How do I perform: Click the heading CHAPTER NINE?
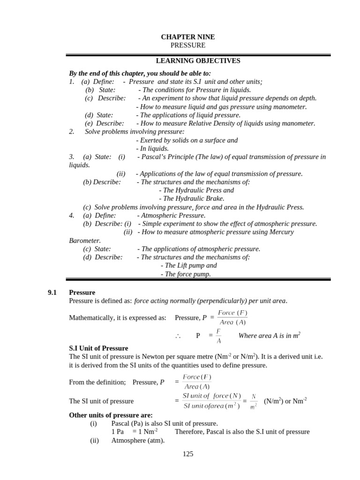[188, 37]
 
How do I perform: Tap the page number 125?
[188, 454]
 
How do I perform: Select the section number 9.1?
[52, 292]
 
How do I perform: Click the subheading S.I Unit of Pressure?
[98, 348]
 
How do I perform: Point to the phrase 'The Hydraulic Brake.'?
[188, 198]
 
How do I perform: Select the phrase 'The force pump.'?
[186, 274]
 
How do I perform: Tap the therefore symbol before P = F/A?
[178, 336]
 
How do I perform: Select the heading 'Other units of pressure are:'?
[111, 415]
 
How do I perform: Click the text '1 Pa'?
[118, 432]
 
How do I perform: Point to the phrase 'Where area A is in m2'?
[269, 335]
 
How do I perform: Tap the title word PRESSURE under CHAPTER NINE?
[188, 45]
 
